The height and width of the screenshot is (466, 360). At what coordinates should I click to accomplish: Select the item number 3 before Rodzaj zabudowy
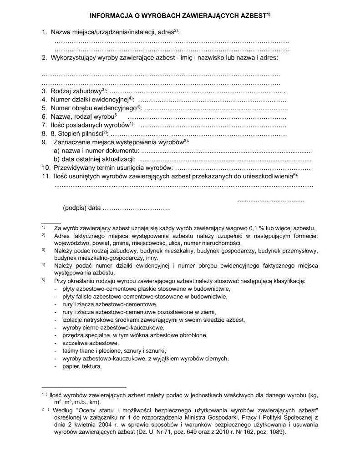(44, 91)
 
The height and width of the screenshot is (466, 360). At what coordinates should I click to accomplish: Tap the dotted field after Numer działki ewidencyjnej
(212, 100)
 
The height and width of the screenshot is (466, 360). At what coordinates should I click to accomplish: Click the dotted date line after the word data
(137, 208)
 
